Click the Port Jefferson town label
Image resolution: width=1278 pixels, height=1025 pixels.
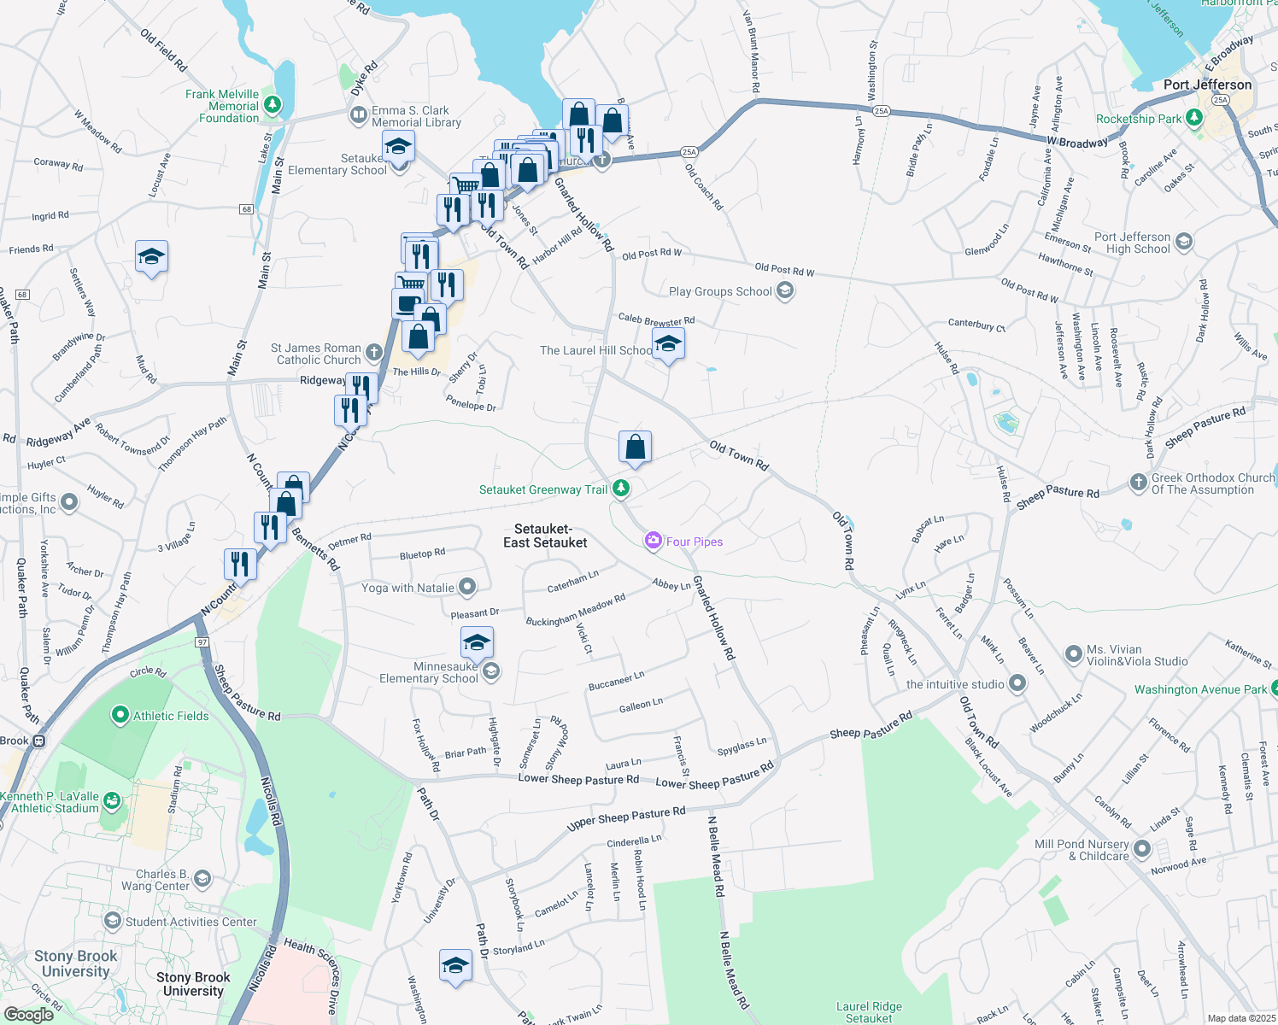1207,85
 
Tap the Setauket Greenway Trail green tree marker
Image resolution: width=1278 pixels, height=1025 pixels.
621,489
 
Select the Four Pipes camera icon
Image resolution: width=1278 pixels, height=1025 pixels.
654,540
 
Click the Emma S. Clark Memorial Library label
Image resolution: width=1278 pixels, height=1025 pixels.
416,116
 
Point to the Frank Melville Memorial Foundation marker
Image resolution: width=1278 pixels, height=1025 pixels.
273,105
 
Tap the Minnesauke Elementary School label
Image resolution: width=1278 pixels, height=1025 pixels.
428,672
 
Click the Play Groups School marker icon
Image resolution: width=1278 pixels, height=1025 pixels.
785,291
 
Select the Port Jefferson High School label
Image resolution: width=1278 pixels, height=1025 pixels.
1132,243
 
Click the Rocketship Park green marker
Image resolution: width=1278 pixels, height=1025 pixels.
1193,118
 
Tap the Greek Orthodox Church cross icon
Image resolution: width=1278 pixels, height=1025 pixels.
1138,483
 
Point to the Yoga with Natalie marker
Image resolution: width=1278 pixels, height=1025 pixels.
466,587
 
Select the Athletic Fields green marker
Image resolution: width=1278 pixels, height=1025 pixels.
120,716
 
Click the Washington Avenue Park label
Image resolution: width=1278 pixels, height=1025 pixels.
1200,689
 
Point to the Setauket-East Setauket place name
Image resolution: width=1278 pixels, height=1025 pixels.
545,536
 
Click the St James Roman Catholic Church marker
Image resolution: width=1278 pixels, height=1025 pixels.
373,352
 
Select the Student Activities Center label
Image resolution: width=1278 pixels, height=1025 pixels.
191,922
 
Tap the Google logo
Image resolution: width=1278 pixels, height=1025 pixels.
29,1014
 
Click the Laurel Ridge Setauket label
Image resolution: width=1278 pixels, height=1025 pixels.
869,1012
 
